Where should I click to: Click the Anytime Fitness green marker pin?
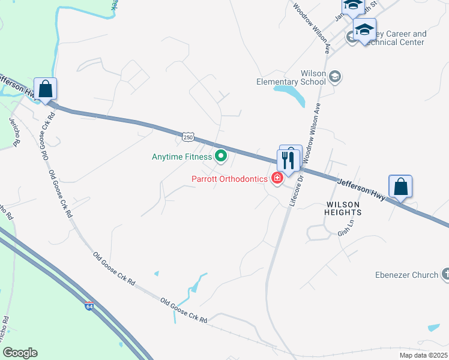pos(221,157)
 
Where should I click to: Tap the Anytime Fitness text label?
pos(182,157)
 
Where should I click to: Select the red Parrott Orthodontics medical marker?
pos(277,178)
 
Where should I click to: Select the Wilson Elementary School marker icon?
pos(335,77)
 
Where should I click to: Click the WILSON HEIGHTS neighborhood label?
pos(343,208)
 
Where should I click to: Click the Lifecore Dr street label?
pos(294,191)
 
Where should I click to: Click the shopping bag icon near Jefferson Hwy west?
pos(46,90)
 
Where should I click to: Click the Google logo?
pos(20,353)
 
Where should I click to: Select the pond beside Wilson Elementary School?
pos(290,93)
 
